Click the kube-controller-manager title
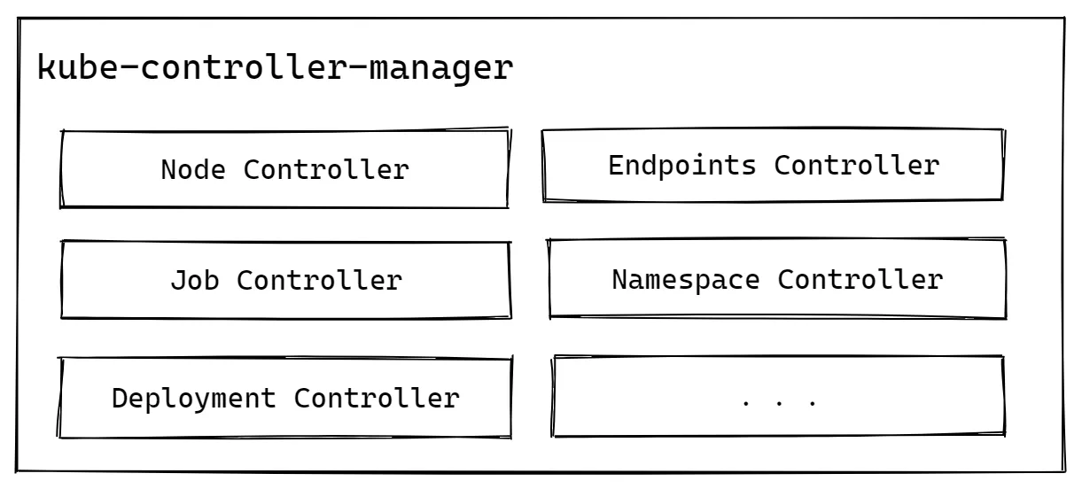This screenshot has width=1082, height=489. tap(275, 68)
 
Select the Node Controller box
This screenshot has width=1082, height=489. tap(284, 169)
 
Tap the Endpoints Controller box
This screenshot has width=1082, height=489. tap(772, 165)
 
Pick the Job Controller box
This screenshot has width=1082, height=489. tap(285, 280)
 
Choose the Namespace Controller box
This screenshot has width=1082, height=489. tap(777, 279)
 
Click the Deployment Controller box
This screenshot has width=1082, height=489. tap(285, 398)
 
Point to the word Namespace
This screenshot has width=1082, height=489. tap(686, 280)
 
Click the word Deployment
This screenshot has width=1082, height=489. tap(193, 398)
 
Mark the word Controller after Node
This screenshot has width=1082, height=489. tap(326, 169)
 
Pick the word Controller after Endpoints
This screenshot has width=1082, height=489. tap(856, 165)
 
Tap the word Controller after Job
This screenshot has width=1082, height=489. tap(319, 281)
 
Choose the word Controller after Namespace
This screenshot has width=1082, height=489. tap(860, 280)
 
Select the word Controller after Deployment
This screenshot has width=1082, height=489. tap(377, 398)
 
